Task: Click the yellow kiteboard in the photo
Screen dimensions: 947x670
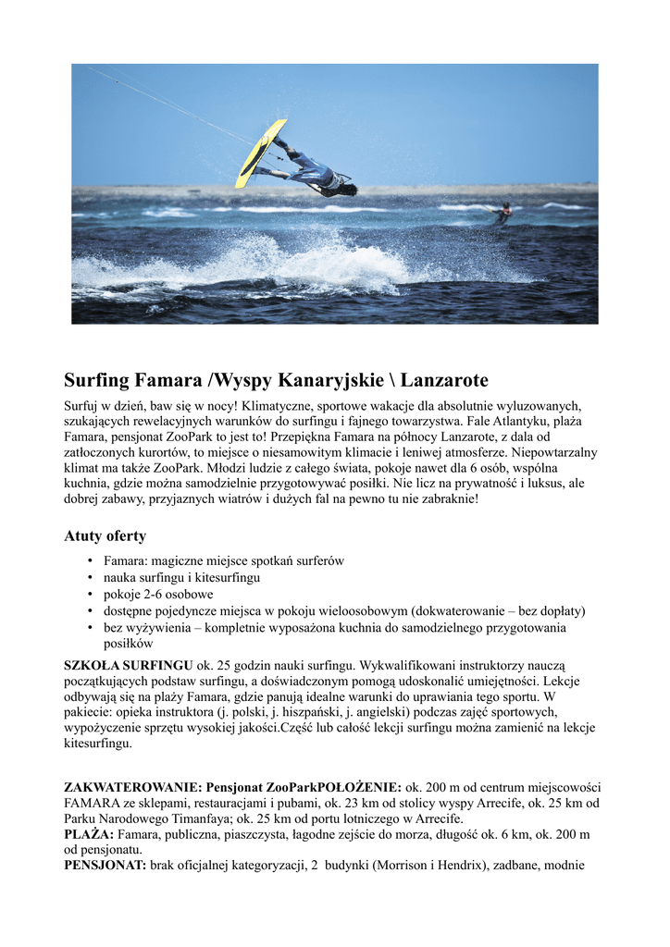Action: pos(260,152)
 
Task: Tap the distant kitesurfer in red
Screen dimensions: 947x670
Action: pos(503,214)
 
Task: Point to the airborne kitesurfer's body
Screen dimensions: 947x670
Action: pos(315,173)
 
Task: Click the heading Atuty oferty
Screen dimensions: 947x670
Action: pos(105,536)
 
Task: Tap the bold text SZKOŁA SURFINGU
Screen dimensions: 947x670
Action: pos(128,666)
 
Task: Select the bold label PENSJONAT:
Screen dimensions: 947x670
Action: pos(105,866)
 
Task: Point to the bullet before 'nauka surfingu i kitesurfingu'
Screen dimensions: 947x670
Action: pos(90,578)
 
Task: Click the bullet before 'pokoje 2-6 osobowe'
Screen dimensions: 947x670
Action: pos(90,595)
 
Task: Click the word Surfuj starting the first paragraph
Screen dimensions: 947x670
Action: pos(84,406)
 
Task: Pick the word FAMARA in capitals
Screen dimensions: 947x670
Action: pos(93,803)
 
